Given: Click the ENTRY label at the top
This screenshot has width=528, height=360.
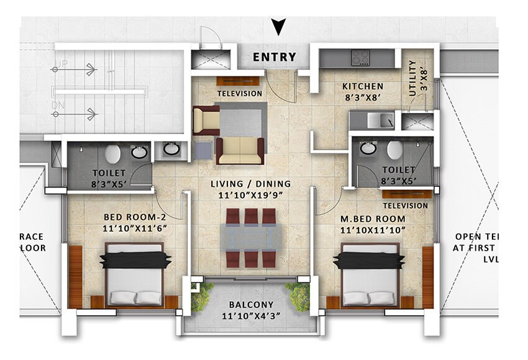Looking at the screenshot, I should [274, 58].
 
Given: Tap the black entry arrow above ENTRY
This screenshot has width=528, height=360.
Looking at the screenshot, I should [279, 27].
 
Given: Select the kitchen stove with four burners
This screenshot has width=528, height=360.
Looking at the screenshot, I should [361, 58].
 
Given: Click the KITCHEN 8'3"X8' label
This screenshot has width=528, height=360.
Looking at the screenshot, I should [362, 91].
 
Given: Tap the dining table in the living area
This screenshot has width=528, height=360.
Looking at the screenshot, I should [251, 237].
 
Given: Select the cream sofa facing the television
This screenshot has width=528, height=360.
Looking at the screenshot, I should [240, 150].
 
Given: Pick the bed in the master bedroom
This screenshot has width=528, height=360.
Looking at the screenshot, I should [370, 274].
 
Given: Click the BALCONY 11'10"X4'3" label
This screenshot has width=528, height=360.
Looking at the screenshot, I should [251, 310].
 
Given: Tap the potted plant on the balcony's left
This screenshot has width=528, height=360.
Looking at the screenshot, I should [202, 297].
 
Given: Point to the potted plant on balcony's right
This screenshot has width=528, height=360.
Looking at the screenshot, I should [299, 296].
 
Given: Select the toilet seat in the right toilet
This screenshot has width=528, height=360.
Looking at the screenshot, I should [394, 150].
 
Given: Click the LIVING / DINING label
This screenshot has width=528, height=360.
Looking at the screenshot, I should [252, 189].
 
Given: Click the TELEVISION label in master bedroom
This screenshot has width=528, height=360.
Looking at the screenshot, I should [406, 204].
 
